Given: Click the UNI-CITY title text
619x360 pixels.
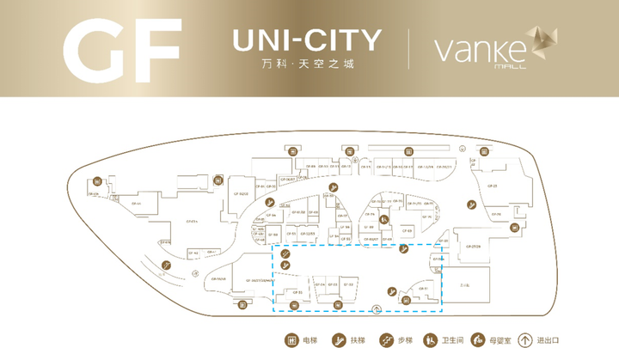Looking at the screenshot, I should click(306, 39).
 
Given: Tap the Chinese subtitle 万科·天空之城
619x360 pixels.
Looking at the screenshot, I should click(306, 65).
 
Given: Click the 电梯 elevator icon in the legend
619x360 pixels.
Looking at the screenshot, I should click(291, 339).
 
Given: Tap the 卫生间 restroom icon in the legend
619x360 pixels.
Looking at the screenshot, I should click(432, 339).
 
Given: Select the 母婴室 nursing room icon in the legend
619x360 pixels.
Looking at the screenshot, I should click(482, 339).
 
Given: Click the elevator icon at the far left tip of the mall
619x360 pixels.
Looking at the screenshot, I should click(98, 181).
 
